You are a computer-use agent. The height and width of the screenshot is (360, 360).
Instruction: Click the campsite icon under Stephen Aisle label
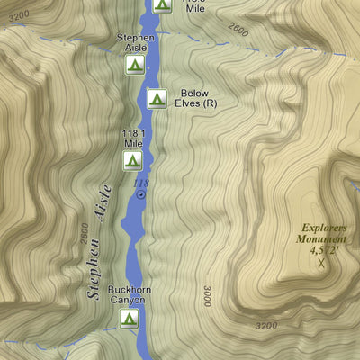(x=134, y=65)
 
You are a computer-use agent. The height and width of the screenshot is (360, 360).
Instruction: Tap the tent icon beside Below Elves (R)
(x=156, y=98)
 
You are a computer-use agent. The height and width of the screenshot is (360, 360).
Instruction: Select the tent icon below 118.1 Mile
(x=132, y=161)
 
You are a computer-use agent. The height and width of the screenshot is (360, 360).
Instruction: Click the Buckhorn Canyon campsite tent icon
(x=130, y=318)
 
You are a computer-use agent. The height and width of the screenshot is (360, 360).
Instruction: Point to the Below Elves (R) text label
(x=199, y=98)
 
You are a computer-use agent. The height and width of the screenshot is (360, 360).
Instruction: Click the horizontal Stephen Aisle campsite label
(x=135, y=43)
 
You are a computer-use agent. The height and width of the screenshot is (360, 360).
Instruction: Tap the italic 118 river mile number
(x=140, y=183)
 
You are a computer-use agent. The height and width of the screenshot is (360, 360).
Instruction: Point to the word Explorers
(x=323, y=228)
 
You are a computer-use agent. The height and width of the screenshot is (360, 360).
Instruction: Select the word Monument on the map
(x=323, y=239)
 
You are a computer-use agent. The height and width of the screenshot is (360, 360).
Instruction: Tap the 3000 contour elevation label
(x=208, y=296)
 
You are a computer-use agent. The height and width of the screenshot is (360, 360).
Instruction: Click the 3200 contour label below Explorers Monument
(x=266, y=326)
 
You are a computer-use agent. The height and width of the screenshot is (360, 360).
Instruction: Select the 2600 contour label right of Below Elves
(x=238, y=30)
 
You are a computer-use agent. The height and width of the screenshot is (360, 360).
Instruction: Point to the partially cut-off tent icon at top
(x=161, y=5)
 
